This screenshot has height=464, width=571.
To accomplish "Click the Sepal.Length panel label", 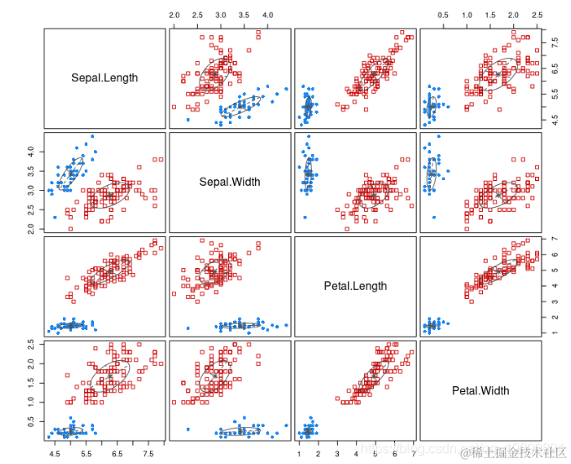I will (105, 79).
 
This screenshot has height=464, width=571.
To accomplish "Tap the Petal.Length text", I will (356, 286).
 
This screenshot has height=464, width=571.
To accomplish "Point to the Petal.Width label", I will (480, 390).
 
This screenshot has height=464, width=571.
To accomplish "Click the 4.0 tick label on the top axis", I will (267, 16).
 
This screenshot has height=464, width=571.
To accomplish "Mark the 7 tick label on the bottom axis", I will (413, 453).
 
